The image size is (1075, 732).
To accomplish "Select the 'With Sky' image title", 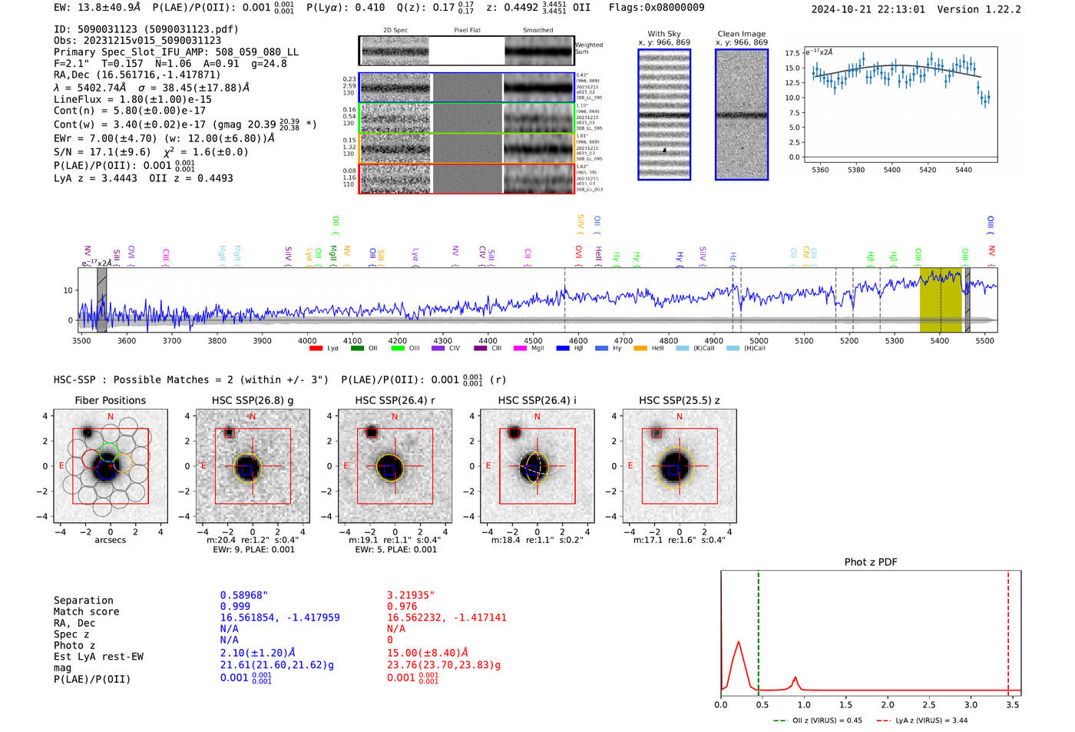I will coord(664,34).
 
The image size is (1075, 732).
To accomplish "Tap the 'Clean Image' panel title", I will coord(741,34).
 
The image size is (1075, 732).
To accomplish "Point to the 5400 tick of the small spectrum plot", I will coord(891,170).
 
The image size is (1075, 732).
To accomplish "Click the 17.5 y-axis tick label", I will coord(792,53).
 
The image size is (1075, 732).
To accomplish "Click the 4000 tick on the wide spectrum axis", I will coord(307,341).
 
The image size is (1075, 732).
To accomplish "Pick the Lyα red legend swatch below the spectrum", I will coord(316,349).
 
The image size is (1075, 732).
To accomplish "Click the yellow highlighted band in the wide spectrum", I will coord(941,300).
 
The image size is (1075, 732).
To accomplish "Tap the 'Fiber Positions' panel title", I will coord(110,400).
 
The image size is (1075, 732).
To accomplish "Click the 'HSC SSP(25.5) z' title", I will coord(680,400).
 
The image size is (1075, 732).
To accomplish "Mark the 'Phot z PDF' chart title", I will coord(871,562).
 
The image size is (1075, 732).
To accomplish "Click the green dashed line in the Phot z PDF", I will coord(758,630).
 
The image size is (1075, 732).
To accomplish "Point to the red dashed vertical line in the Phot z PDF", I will coord(1008,630).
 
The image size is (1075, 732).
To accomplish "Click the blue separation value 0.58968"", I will coord(244,595).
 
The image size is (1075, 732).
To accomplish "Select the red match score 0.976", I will coord(402,606).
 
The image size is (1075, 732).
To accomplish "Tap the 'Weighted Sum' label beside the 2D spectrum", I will coord(589,48).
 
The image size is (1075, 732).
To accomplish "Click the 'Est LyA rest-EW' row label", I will coord(98,657).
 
